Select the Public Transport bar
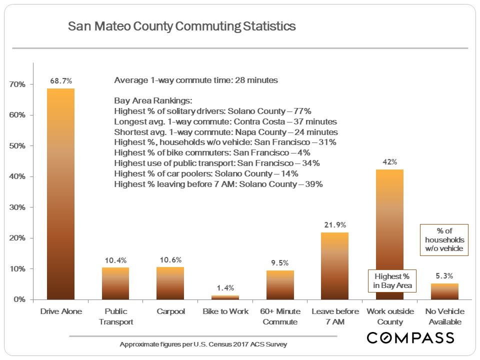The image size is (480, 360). (115, 283)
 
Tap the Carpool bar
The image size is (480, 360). (170, 283)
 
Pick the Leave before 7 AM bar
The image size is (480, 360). (334, 265)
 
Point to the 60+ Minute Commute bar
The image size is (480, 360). (279, 284)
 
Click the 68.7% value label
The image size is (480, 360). (60, 80)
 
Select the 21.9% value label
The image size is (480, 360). (334, 224)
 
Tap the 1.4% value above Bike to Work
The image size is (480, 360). (225, 287)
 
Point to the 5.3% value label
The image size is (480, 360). (444, 275)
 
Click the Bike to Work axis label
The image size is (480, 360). (225, 311)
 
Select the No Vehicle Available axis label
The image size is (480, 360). (444, 316)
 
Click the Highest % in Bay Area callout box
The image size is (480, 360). (391, 280)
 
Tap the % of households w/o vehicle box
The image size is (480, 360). (444, 240)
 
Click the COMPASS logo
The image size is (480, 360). (410, 337)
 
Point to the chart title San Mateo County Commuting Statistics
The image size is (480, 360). (182, 26)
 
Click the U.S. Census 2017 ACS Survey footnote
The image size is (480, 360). (203, 345)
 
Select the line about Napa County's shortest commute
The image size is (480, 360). (226, 132)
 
